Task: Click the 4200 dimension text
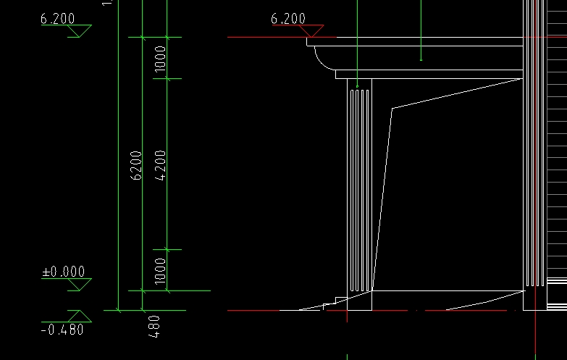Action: [x=161, y=164]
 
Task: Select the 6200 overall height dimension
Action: [x=135, y=165]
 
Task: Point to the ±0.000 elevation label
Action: [x=63, y=272]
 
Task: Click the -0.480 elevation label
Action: [x=62, y=330]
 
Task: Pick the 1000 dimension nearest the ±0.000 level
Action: [x=161, y=269]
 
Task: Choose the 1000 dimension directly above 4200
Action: [x=161, y=58]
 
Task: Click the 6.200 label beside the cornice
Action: [x=288, y=19]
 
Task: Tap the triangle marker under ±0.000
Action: [x=79, y=285]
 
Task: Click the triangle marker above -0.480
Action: [x=79, y=316]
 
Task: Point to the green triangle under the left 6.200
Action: [x=79, y=31]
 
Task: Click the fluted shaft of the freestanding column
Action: [x=359, y=188]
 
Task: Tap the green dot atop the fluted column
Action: [x=358, y=86]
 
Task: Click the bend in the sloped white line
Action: [x=392, y=109]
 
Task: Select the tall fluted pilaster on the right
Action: [x=534, y=145]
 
